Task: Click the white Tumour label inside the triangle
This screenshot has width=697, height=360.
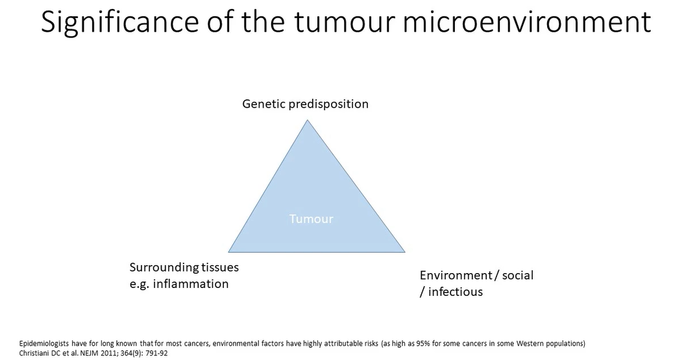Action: point(311,219)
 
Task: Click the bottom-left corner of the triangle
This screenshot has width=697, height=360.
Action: point(230,251)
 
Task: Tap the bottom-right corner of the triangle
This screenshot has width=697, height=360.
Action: point(404,251)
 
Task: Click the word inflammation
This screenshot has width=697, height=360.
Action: point(191,283)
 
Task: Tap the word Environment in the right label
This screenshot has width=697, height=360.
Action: point(456,275)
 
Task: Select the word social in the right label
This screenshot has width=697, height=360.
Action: point(517,275)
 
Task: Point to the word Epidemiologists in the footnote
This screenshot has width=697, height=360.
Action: point(43,343)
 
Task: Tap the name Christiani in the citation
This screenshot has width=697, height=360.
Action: point(34,353)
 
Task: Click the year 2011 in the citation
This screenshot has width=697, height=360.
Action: point(111,353)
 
